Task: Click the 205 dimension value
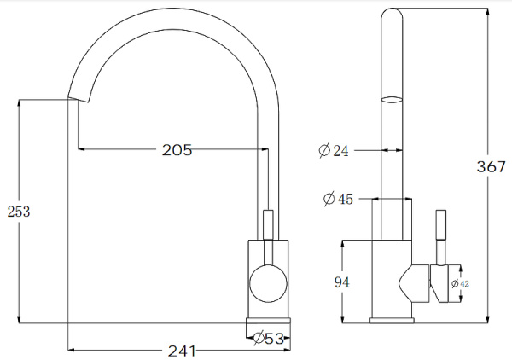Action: pyautogui.click(x=177, y=150)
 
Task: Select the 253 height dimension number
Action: pyautogui.click(x=18, y=212)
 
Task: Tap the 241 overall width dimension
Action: pyautogui.click(x=180, y=351)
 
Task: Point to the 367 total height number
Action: pyautogui.click(x=492, y=167)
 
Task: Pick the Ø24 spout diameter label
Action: pyautogui.click(x=334, y=151)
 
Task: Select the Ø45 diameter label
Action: pyautogui.click(x=337, y=200)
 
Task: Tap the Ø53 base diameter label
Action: pyautogui.click(x=268, y=339)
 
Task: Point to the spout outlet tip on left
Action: pyautogui.click(x=73, y=96)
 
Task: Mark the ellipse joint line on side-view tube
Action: pyautogui.click(x=392, y=99)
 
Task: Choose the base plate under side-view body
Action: pyautogui.click(x=392, y=321)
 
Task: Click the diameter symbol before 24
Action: pyautogui.click(x=324, y=151)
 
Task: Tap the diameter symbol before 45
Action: pyautogui.click(x=328, y=200)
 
